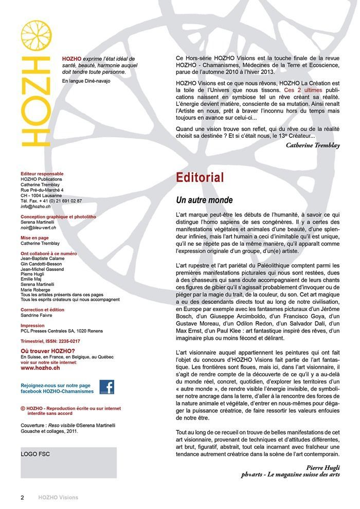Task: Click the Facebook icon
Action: coord(106,387)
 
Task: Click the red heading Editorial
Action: coord(200,178)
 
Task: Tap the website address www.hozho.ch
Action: coord(40,368)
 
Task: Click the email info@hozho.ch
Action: coord(35,206)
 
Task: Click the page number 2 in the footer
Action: coord(22,498)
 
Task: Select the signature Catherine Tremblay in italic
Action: coord(313,146)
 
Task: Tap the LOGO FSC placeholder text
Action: coord(35,455)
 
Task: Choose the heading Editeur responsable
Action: coord(42,174)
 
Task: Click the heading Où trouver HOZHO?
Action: coord(48,351)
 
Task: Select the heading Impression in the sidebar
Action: coord(32,325)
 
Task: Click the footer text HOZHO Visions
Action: coord(58,498)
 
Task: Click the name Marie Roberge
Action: coord(36,289)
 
